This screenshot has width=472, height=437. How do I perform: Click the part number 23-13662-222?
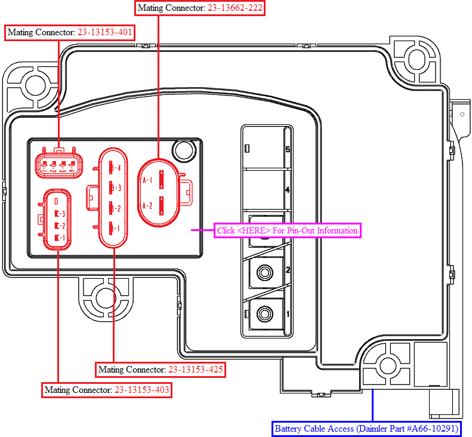[x=235, y=8]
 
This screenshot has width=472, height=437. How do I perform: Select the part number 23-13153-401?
[x=105, y=32]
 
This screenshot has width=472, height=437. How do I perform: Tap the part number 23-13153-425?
[x=195, y=369]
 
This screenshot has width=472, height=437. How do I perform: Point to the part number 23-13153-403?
[x=142, y=390]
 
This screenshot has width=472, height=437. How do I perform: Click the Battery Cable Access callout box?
[x=366, y=429]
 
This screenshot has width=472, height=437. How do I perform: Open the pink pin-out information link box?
[x=287, y=230]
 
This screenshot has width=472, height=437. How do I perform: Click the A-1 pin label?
[x=147, y=180]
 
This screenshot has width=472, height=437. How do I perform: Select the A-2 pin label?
[x=147, y=206]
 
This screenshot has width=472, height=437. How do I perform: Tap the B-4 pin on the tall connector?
[x=115, y=167]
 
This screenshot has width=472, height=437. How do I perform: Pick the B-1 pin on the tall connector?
[x=115, y=228]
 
